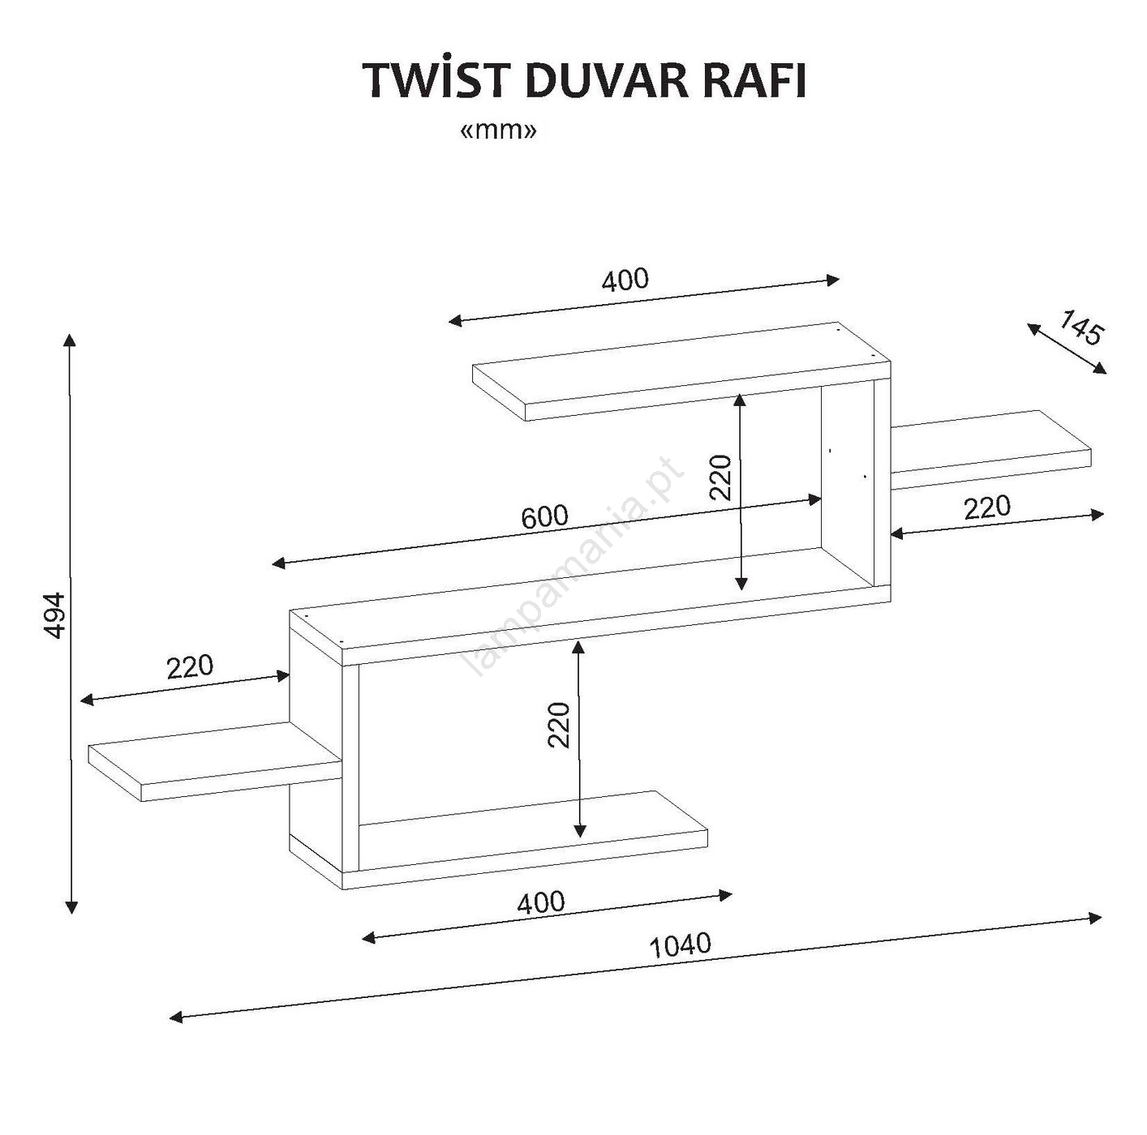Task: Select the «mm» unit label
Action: coord(499,131)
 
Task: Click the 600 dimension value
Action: coord(544,516)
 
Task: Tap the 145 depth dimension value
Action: coord(1080,327)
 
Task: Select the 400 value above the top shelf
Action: coord(625,280)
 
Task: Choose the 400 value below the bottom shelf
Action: coord(540,902)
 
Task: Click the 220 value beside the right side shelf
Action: coord(987,507)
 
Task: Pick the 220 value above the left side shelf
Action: coord(190,666)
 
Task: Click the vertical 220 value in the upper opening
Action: coord(720,478)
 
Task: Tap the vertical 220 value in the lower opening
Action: coord(560,725)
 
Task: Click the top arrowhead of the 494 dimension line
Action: coord(71,340)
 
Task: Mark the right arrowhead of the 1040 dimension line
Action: coord(1094,918)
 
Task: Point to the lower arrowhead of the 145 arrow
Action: coord(1101,368)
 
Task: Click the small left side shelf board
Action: coord(215,762)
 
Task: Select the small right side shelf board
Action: coord(991,449)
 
